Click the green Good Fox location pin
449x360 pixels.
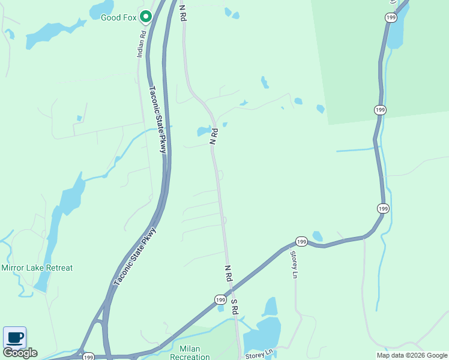point(145,16)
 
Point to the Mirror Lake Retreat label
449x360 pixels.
point(37,268)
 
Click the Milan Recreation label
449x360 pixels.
point(194,352)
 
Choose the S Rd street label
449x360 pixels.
point(235,306)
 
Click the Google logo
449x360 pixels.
point(20,353)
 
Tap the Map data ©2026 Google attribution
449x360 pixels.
point(412,355)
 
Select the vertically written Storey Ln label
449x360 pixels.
point(294,264)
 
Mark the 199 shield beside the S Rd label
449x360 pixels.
point(220,299)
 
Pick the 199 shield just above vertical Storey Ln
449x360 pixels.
point(301,241)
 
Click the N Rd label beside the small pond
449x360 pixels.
point(212,136)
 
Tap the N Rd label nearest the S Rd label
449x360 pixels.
point(228,274)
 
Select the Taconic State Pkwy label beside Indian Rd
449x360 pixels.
point(157,119)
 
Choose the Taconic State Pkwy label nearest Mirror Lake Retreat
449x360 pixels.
point(135,255)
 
